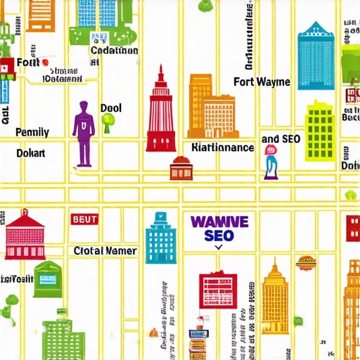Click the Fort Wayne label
coord(262,82)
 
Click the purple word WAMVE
coord(219,221)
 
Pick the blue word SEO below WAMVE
coord(219,236)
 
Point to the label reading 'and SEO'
coord(281,139)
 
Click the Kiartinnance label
coord(222,148)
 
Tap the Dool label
coord(110,108)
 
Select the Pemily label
coord(32,131)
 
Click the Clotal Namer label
coord(105,250)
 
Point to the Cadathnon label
coord(114,50)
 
